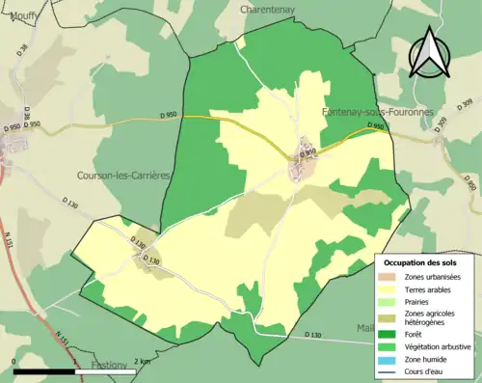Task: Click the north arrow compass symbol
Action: point(428,52)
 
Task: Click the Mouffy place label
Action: point(26,15)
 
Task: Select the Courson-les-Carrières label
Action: point(117,176)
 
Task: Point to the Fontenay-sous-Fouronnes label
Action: point(369,113)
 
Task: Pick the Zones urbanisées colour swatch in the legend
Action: point(388,277)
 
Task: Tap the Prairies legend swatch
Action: point(388,301)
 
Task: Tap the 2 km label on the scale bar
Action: point(141,362)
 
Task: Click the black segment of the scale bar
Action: point(46,370)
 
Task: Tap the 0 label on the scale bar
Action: point(13,362)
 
